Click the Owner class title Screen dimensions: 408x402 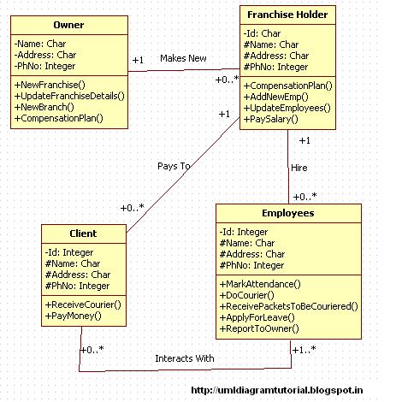click(68, 25)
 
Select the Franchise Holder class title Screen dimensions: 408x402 click(287, 15)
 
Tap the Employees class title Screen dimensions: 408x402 click(288, 213)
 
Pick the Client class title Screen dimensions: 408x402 click(83, 234)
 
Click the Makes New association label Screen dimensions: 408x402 click(183, 58)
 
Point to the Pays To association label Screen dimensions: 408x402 click(174, 166)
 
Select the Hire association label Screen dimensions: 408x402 click(299, 168)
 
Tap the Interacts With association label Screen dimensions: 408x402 click(185, 358)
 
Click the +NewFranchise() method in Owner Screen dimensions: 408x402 click(50, 85)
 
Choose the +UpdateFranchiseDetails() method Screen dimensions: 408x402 click(69, 96)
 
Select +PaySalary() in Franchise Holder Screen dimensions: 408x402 click(270, 119)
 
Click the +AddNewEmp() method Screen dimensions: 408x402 click(275, 97)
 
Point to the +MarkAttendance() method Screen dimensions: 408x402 click(260, 284)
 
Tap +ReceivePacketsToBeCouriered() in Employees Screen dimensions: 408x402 click(288, 306)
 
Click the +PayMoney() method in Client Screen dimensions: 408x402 click(74, 316)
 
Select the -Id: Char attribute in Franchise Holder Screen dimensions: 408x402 click(262, 33)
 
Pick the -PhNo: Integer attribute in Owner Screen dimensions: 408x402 click(44, 66)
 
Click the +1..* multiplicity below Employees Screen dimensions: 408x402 click(305, 350)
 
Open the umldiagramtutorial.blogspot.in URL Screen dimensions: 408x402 click(277, 390)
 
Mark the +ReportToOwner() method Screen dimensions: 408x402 click(259, 328)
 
